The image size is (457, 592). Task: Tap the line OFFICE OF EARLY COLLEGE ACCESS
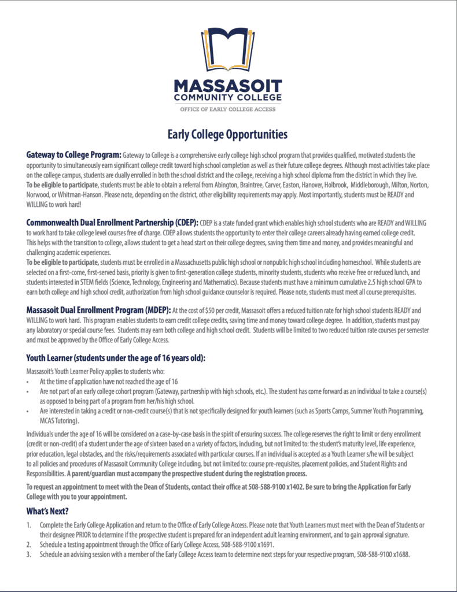click(228, 109)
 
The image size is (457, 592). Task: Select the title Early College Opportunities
click(227, 135)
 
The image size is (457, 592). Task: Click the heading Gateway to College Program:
click(73, 155)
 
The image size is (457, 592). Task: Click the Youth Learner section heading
click(116, 358)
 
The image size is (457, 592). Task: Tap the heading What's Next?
click(47, 511)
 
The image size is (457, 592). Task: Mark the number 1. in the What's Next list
click(29, 525)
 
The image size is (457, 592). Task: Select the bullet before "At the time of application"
click(28, 382)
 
